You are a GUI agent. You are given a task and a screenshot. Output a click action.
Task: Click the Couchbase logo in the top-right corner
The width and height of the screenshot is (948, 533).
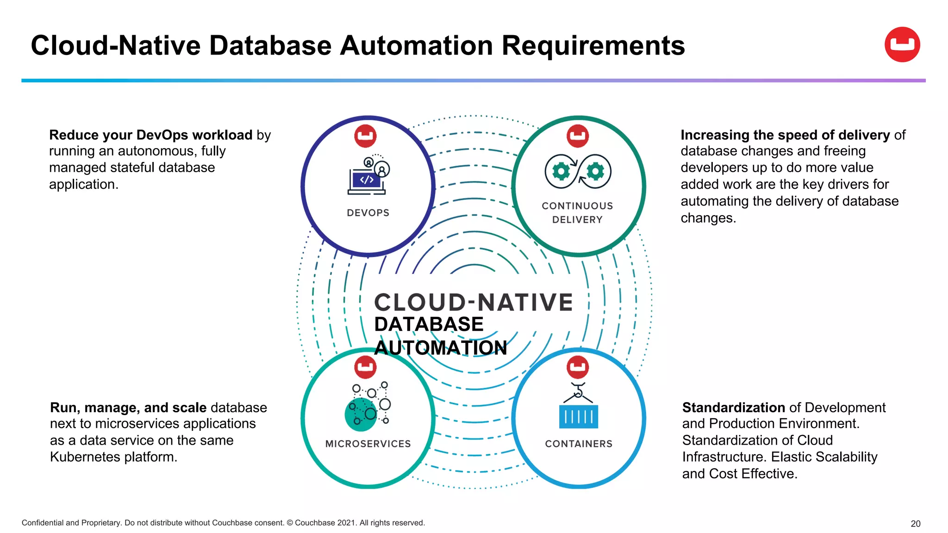coord(902,44)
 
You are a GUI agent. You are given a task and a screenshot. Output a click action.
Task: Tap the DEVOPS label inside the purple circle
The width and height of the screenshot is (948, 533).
coord(368,213)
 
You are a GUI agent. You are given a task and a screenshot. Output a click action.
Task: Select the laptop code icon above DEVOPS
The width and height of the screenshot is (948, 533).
coord(368,176)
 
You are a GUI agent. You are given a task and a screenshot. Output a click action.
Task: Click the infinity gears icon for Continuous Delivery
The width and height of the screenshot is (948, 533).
coord(578,172)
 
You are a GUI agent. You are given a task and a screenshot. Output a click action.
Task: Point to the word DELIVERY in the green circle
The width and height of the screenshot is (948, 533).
coord(577,220)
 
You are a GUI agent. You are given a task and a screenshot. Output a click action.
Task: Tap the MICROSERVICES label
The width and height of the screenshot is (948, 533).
coord(368,444)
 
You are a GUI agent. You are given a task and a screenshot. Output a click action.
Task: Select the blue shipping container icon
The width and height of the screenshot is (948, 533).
coord(578,415)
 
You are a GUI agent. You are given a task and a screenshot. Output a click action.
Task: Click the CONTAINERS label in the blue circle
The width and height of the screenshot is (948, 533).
coord(579,444)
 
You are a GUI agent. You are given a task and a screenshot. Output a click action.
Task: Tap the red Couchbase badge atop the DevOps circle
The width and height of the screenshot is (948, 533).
coord(365,136)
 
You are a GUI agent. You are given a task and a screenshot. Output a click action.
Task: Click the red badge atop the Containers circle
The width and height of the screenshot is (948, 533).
coord(578,367)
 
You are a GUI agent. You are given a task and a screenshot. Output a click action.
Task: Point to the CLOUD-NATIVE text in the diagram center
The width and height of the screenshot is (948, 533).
coord(473,303)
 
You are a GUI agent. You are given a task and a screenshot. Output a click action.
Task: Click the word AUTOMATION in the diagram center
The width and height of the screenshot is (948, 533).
coord(441,348)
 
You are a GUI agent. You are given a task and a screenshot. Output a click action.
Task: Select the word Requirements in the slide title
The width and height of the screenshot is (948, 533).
coord(593,46)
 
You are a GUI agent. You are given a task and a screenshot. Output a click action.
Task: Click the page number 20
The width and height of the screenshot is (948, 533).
coord(915,524)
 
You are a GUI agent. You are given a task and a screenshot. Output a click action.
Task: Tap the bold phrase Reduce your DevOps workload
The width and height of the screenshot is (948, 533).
coord(151,135)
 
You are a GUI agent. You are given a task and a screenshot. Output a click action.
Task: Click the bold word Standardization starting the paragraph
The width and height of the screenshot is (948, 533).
coord(734,407)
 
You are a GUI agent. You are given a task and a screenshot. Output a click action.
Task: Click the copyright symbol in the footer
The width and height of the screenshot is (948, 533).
coord(290,523)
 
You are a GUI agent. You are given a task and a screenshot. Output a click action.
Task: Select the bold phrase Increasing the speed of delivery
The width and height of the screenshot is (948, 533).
coord(785,135)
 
